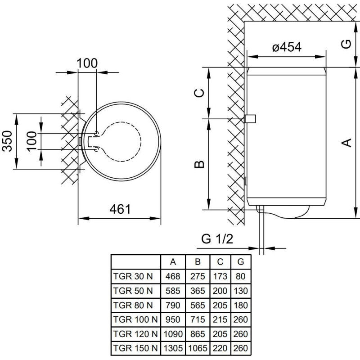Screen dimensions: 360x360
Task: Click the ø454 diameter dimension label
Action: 286,47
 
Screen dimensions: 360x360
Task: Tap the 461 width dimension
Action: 120,209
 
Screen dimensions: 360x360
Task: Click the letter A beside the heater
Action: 346,143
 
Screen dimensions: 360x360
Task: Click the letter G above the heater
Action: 346,44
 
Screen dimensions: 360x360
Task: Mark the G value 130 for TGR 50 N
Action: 241,290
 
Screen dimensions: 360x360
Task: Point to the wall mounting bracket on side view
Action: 250,119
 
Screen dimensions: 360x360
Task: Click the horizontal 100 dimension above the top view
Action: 87,63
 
